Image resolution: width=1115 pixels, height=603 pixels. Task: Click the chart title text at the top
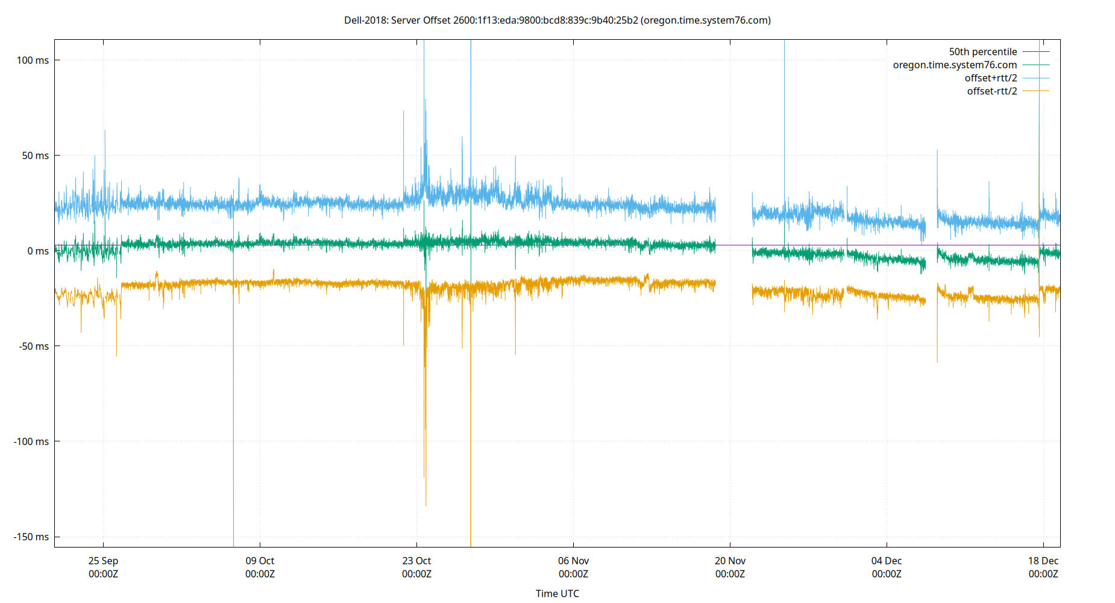tap(557, 21)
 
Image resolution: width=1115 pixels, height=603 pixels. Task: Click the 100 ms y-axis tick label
tap(33, 60)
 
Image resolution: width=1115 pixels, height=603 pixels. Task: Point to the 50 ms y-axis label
tap(35, 156)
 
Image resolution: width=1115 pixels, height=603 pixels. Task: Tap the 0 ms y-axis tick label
tap(37, 251)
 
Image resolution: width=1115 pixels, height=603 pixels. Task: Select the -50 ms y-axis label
tap(34, 346)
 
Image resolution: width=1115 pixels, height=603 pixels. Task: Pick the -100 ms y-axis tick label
tap(31, 441)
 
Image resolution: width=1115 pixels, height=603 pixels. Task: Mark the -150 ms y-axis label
tap(31, 537)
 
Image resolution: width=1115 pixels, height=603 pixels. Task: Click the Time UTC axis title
tap(557, 593)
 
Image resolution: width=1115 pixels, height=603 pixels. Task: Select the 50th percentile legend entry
tap(982, 52)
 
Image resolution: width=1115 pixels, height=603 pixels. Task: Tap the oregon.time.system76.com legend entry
tap(955, 65)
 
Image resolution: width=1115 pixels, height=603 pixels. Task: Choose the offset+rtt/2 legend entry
tap(990, 78)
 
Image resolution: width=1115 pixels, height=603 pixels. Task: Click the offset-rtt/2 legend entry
tap(991, 92)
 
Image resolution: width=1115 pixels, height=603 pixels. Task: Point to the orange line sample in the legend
tap(1036, 91)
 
